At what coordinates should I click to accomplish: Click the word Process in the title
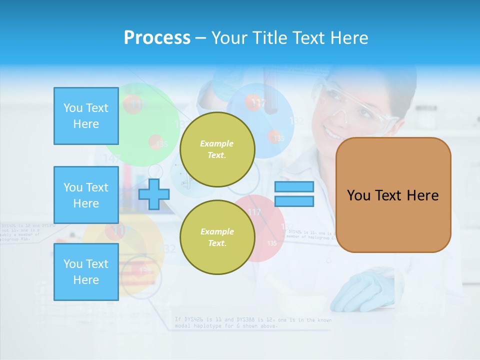coord(157,38)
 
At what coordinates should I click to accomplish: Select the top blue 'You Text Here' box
coord(86,116)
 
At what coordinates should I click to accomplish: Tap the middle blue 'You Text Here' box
coord(86,195)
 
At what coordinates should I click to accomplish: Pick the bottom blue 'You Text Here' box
coord(86,271)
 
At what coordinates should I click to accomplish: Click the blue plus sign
coord(154,194)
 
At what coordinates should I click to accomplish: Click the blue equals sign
coord(294,194)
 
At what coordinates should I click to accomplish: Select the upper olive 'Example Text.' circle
coord(217,149)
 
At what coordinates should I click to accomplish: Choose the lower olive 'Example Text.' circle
coord(217,237)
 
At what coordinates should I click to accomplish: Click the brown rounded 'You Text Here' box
coord(393,195)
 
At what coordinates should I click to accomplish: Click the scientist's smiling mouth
coord(333,133)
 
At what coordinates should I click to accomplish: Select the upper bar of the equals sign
coord(294,187)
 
